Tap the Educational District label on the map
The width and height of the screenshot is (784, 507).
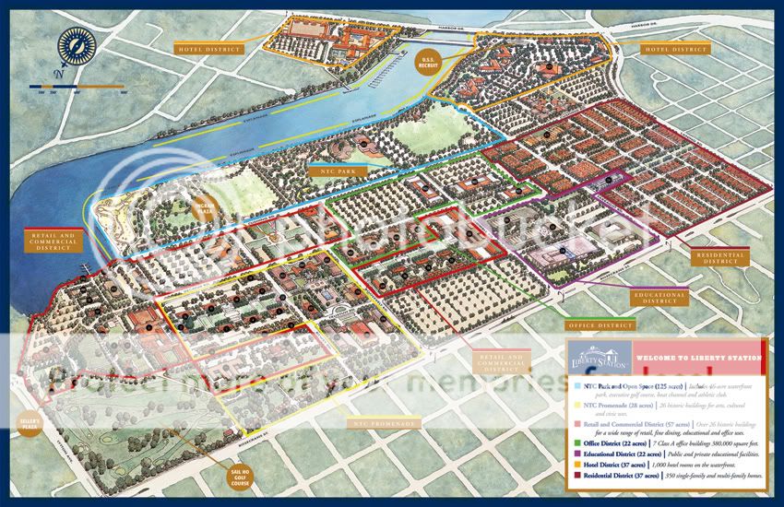(659, 297)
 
